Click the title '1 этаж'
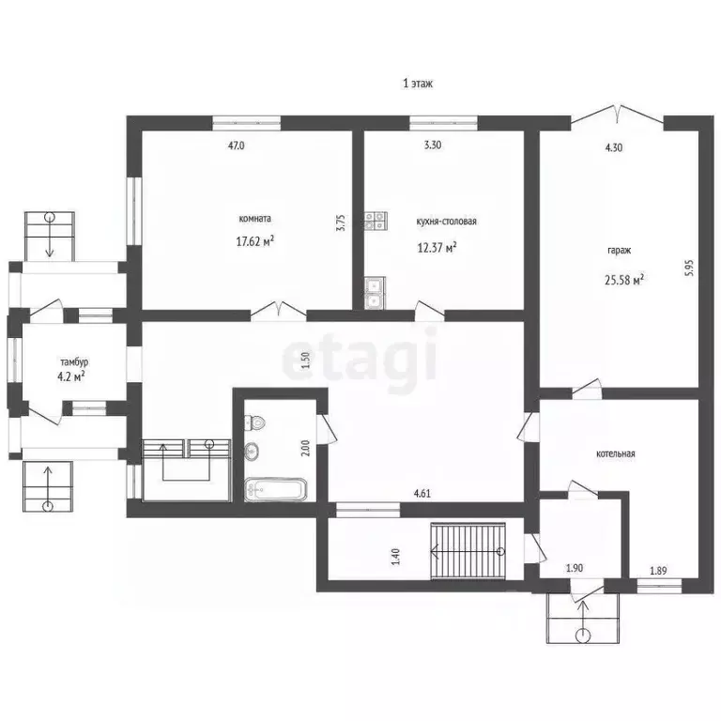point(418,84)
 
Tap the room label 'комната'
point(254,219)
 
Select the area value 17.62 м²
point(255,241)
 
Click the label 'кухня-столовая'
point(446,222)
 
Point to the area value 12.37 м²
point(437,248)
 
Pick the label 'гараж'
point(620,251)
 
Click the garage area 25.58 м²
point(624,280)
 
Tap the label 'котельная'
point(615,453)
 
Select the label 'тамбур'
point(74,362)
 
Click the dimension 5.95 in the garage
point(688,268)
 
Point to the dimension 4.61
point(422,494)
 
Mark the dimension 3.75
point(340,222)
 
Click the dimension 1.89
point(658,571)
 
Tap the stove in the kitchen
point(376,221)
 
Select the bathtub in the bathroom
point(275,489)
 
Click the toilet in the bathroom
point(254,422)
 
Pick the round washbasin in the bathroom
point(252,451)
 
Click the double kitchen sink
point(375,293)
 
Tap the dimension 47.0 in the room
point(237,146)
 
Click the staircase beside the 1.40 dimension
point(468,551)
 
